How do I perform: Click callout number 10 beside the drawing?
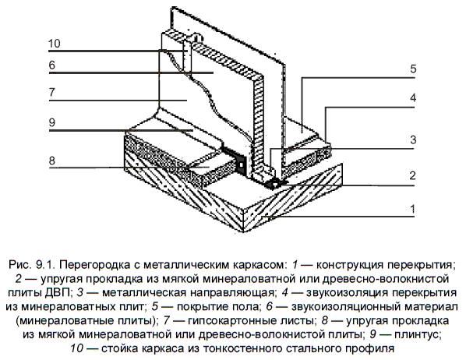[x=55, y=44]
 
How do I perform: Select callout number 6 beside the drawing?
[x=52, y=65]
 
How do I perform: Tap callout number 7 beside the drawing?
[x=52, y=92]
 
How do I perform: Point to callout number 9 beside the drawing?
[x=52, y=122]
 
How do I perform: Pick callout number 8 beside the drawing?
[x=52, y=161]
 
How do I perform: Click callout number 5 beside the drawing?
[x=413, y=69]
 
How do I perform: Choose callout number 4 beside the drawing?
[x=413, y=97]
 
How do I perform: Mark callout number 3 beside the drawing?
[x=413, y=139]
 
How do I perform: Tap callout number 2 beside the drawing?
[x=412, y=175]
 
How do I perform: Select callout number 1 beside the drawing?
[x=412, y=209]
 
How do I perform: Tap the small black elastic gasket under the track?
[x=274, y=184]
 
